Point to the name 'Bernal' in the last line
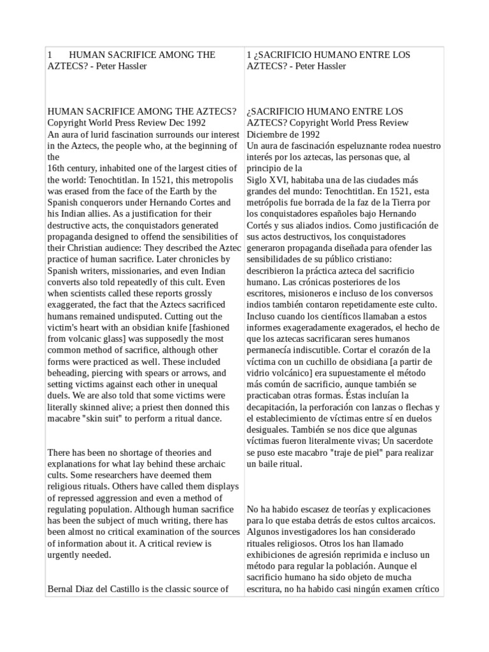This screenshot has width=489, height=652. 62,588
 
